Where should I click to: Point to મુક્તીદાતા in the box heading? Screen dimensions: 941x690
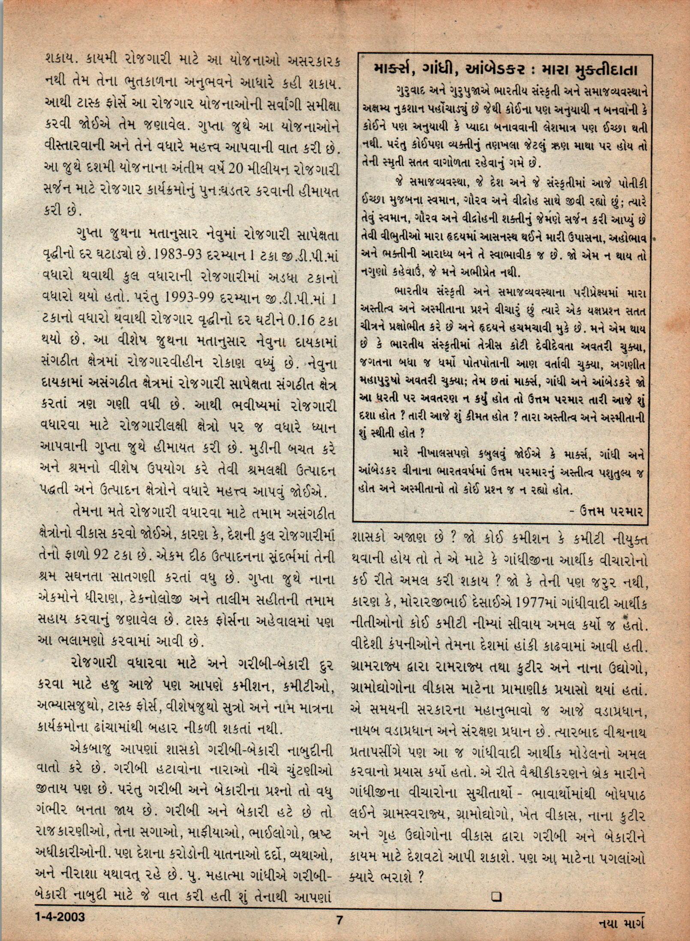click(604, 70)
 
